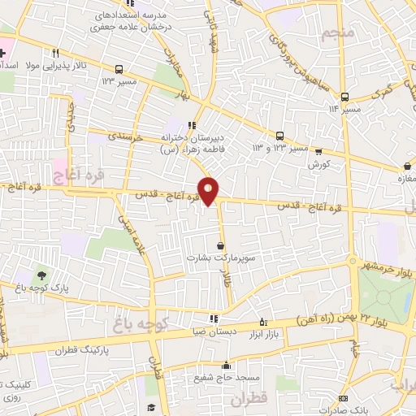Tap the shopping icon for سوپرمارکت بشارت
tap(221, 245)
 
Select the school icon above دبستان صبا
tap(213, 318)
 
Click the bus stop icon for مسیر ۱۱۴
tap(346, 95)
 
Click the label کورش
tap(318, 163)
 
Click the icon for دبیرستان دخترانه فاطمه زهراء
tap(192, 124)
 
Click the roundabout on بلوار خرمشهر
tap(353, 261)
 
